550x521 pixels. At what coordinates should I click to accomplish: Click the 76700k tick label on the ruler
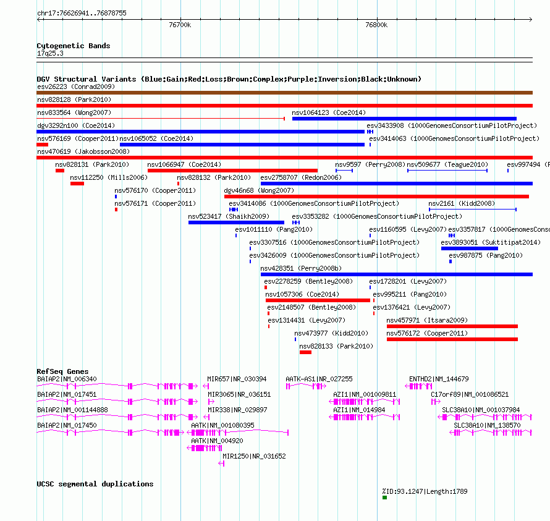180,25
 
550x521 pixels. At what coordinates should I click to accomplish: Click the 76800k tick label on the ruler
376,25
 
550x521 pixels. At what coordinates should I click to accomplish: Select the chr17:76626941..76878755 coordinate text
82,13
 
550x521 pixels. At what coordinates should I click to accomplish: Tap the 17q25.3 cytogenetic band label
50,53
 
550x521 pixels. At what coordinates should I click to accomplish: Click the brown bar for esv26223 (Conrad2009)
284,93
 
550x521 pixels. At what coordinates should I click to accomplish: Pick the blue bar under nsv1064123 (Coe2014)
404,119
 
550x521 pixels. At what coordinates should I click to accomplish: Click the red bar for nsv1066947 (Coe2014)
232,171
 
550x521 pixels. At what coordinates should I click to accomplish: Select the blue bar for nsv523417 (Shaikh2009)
236,222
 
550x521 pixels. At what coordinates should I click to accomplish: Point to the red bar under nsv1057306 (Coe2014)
318,300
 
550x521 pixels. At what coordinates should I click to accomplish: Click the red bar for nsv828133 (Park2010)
305,352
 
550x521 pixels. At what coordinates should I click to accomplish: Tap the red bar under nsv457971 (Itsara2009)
452,326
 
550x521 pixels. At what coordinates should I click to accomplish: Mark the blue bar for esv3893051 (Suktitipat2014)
469,248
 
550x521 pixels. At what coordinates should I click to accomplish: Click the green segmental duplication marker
384,498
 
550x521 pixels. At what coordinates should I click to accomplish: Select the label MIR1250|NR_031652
255,456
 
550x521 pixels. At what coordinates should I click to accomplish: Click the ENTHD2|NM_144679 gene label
439,379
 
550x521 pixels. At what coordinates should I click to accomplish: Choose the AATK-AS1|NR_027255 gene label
319,379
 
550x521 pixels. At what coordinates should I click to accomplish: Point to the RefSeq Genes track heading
63,371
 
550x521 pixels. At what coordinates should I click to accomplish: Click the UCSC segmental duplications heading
95,484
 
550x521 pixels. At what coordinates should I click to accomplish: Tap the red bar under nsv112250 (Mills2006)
77,184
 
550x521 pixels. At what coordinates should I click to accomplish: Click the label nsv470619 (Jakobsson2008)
83,151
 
